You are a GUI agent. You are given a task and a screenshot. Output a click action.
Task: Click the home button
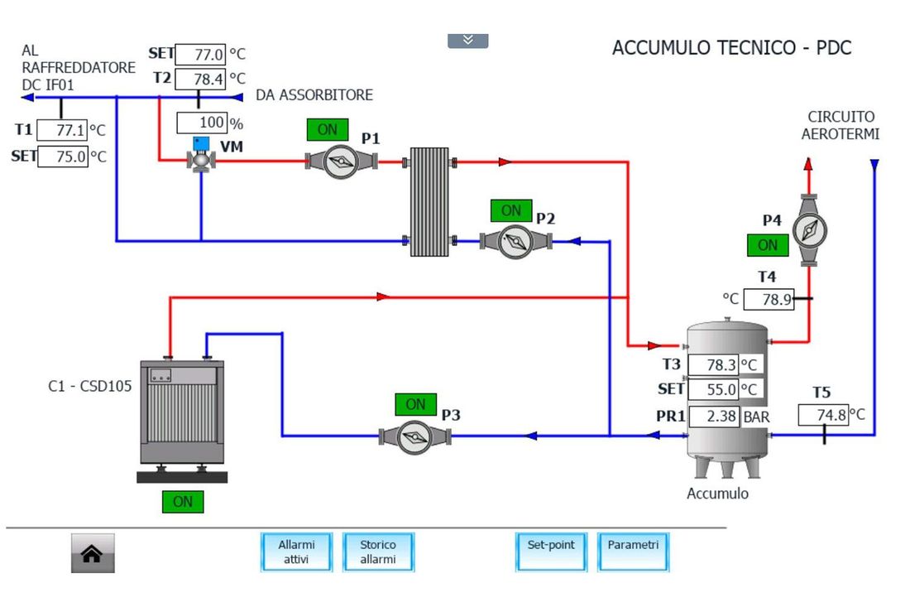[x=93, y=553]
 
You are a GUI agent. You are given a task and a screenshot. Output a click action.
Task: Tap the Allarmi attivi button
[x=296, y=552]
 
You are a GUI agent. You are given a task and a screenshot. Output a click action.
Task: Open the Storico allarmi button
[x=378, y=552]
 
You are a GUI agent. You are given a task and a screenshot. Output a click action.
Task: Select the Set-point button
[x=551, y=552]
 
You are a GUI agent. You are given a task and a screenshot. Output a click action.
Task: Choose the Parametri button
[x=633, y=552]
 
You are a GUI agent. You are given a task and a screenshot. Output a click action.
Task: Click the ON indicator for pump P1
[x=328, y=129]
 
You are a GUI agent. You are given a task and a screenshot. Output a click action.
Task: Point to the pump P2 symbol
[x=515, y=240]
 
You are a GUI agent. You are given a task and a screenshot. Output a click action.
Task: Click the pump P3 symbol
[x=414, y=436]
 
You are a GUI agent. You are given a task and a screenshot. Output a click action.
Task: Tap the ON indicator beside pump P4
[x=767, y=245]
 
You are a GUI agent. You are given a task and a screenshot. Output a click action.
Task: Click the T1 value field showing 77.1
[x=62, y=129]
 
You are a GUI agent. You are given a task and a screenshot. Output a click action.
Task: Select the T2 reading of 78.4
[x=200, y=79]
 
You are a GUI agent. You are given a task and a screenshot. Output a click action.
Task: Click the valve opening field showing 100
[x=202, y=123]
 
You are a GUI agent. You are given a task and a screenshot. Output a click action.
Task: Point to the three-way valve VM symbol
[x=201, y=155]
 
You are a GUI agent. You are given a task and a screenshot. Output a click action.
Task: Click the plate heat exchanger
[x=429, y=201]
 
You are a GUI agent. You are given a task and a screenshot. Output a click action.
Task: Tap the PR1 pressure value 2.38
[x=715, y=417]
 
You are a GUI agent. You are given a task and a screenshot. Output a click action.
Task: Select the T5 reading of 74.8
[x=823, y=416]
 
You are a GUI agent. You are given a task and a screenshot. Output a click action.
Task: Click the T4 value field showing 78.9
[x=769, y=299]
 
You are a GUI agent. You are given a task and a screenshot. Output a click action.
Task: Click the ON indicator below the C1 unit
[x=183, y=502]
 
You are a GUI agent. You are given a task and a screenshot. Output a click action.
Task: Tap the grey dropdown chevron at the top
[x=467, y=40]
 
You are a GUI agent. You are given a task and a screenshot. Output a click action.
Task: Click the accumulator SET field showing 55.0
[x=713, y=389]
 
